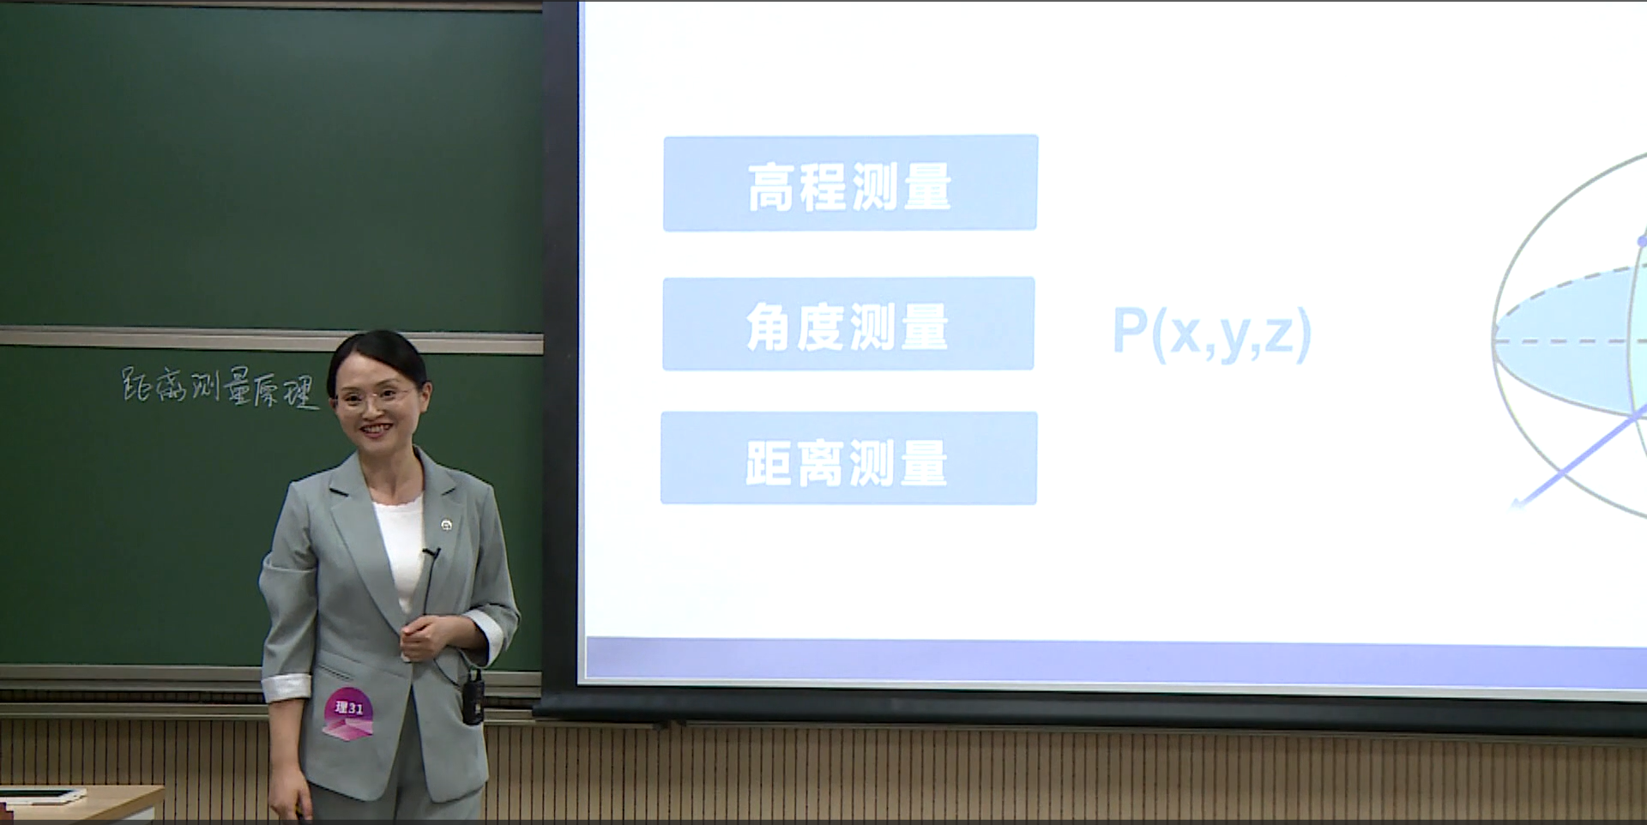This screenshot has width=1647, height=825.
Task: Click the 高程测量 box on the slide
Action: (850, 183)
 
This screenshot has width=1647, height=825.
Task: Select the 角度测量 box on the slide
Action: (848, 323)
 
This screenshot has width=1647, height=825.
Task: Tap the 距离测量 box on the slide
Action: (848, 458)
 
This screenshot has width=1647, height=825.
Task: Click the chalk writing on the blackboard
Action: (220, 388)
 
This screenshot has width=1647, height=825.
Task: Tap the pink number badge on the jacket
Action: (348, 713)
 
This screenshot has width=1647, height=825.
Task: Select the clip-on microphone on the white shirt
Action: (430, 554)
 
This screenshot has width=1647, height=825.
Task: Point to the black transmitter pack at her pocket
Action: (473, 696)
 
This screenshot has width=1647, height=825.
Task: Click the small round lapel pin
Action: (446, 524)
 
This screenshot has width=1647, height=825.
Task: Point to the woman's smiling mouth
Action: (376, 427)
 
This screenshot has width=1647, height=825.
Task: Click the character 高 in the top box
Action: (770, 186)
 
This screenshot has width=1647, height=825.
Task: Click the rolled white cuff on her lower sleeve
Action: (287, 688)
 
